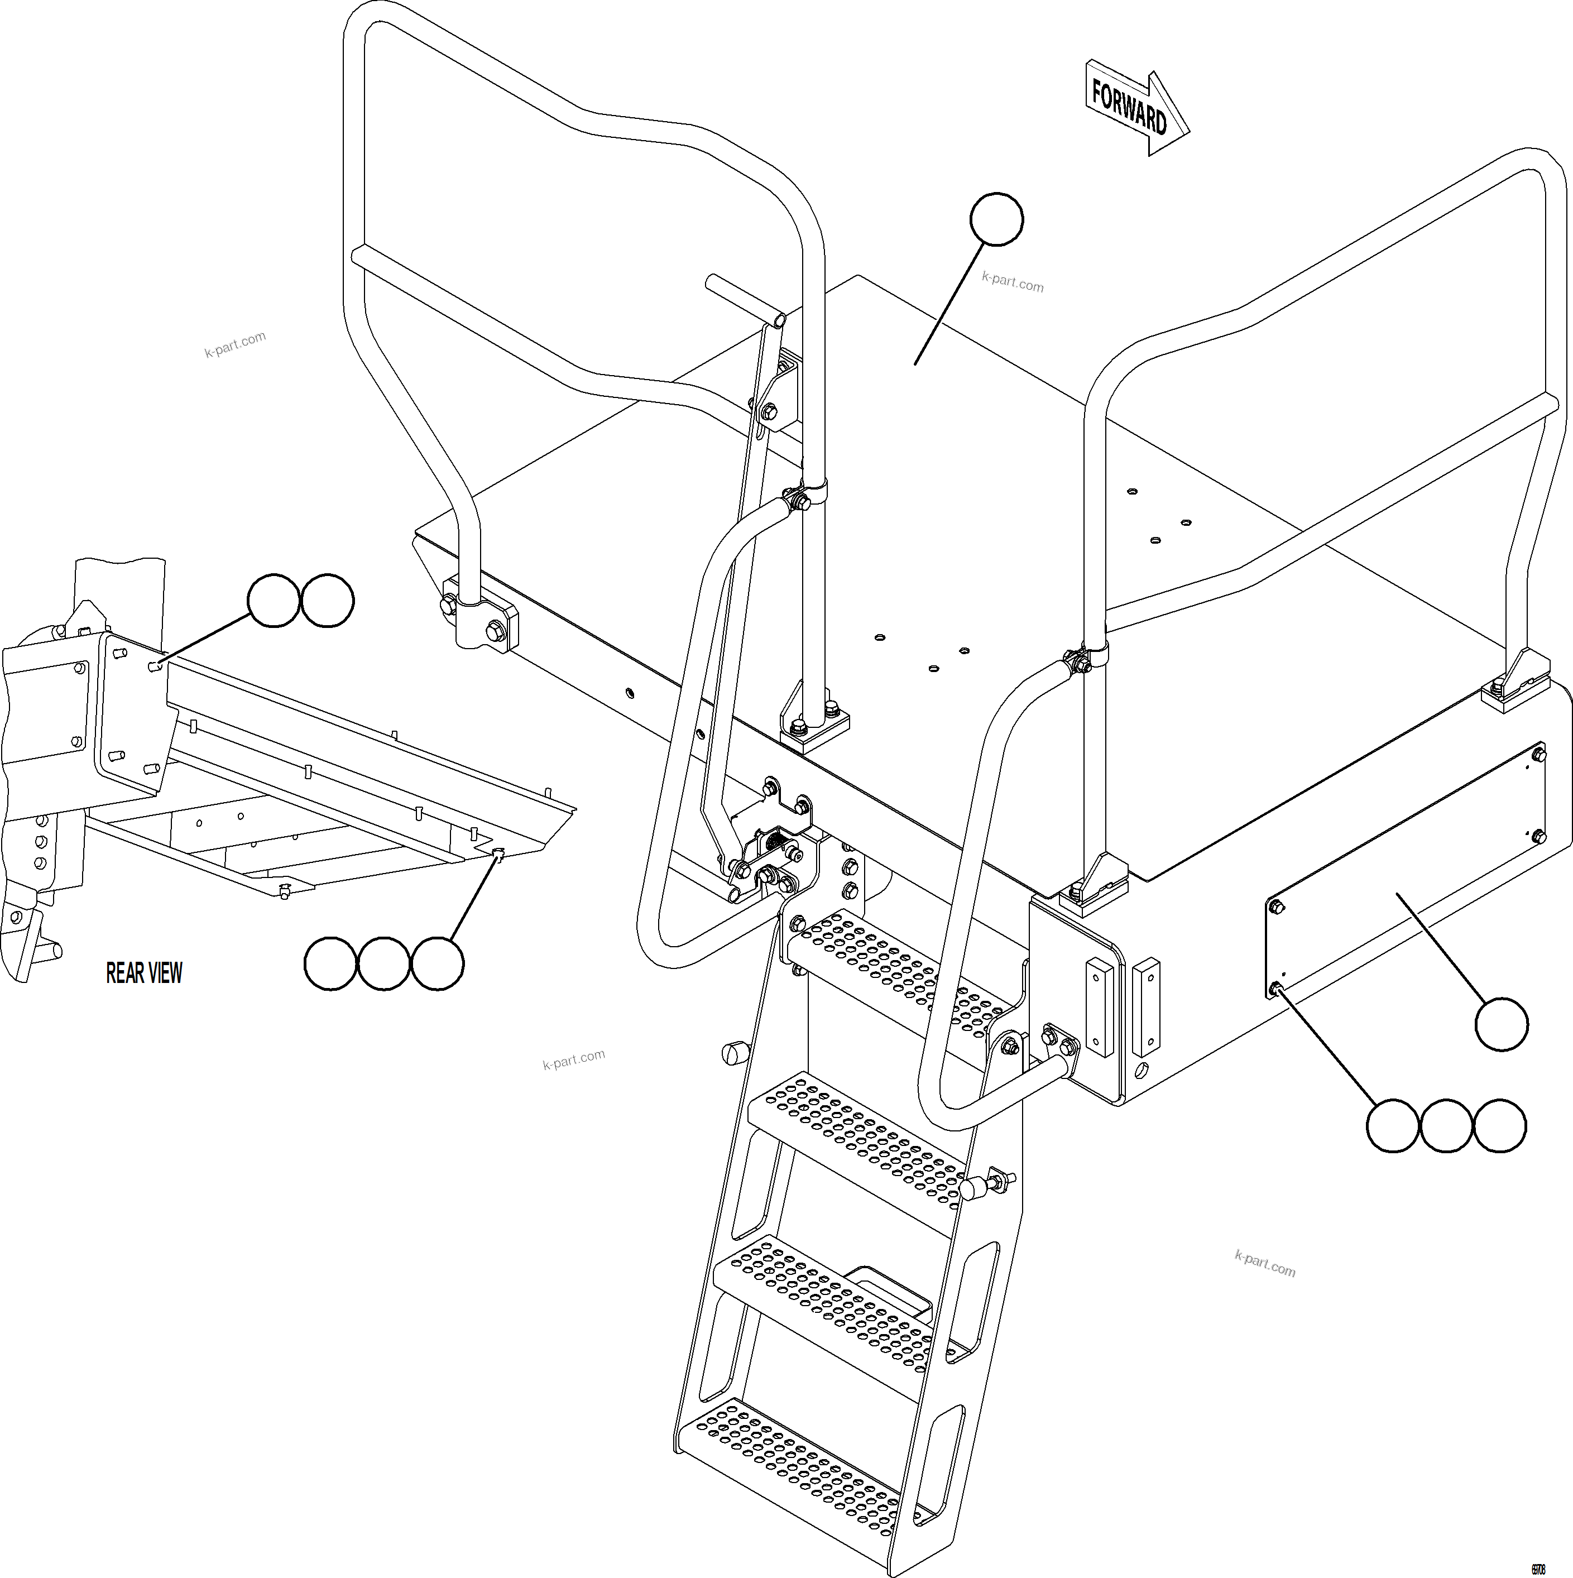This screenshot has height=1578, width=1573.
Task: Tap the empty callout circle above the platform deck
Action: tap(996, 219)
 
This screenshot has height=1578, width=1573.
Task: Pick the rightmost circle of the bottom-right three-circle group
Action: tap(1499, 1125)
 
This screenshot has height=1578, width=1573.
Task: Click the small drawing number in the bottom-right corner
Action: tap(1537, 1563)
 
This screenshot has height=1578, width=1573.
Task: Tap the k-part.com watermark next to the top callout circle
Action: tap(1012, 282)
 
